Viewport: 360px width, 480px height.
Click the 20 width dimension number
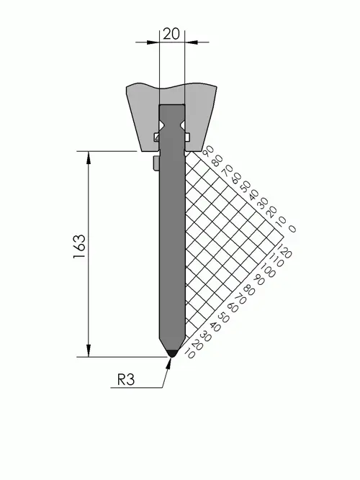[x=171, y=34]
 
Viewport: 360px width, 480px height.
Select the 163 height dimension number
[x=79, y=246]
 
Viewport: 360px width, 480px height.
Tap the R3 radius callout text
[x=126, y=380]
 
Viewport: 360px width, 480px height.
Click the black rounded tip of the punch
[x=173, y=353]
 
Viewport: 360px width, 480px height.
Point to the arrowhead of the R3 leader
[x=168, y=362]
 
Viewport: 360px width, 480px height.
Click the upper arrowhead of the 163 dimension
[x=89, y=158]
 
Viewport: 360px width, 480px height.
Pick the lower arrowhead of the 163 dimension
[x=89, y=350]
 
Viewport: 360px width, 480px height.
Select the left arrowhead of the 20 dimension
[x=153, y=42]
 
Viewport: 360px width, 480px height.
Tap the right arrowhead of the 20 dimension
[x=192, y=42]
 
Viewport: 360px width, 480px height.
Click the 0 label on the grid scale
[x=292, y=229]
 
